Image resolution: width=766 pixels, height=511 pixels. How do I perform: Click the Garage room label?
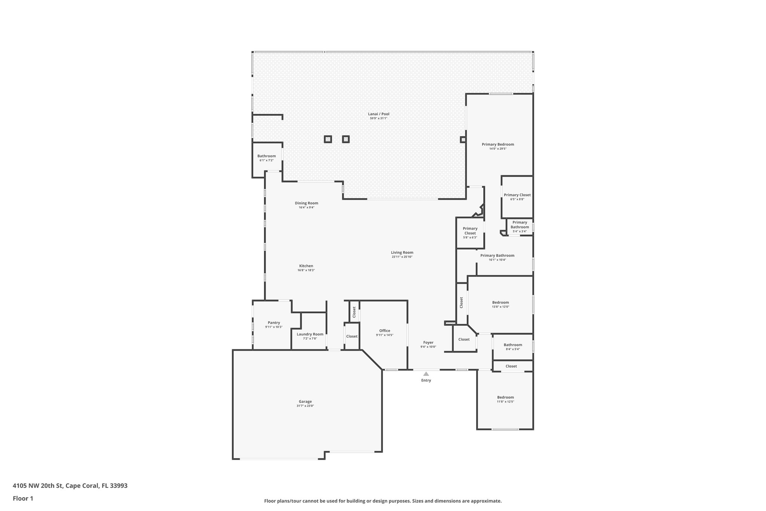(x=305, y=401)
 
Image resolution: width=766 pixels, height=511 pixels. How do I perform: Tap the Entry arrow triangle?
(x=426, y=374)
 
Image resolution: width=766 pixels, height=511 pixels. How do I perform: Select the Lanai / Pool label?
(x=379, y=114)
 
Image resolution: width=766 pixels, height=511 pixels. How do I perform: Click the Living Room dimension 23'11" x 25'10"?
(x=402, y=257)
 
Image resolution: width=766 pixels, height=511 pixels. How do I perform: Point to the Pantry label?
(x=274, y=323)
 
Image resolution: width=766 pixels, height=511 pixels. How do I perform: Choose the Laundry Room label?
(x=310, y=334)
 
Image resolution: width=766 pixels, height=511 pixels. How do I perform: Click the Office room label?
(x=384, y=331)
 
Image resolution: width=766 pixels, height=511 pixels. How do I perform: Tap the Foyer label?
(x=428, y=343)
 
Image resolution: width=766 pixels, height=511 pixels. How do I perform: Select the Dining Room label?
(x=306, y=203)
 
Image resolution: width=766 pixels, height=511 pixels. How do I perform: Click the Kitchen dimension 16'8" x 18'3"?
(x=306, y=270)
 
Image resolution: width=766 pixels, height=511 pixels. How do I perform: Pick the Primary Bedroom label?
(x=498, y=144)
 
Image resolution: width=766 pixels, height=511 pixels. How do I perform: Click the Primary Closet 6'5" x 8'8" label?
(x=517, y=195)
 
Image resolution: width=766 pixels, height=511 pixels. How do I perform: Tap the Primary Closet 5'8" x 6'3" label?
(x=470, y=231)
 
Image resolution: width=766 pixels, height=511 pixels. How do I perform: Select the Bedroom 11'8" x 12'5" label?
(x=505, y=397)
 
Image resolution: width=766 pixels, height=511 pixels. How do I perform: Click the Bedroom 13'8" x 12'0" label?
(x=500, y=302)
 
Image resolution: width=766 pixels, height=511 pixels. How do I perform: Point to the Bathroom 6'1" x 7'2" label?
(x=266, y=156)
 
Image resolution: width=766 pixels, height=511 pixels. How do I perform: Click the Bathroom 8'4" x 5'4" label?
(x=513, y=345)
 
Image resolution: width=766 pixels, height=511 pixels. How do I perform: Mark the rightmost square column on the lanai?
(x=463, y=140)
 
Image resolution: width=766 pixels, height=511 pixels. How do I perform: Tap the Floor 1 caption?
(x=23, y=498)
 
